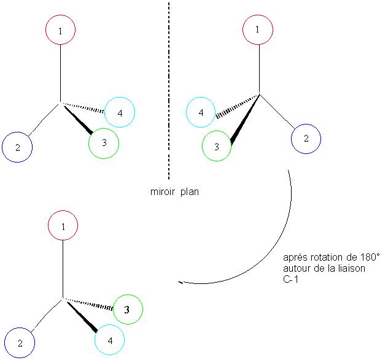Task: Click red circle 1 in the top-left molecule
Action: point(61,29)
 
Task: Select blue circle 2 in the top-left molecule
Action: point(17,147)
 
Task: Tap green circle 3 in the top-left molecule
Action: point(104,143)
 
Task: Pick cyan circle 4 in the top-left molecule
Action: point(120,113)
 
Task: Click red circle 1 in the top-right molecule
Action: point(258,29)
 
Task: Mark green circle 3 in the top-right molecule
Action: point(217,147)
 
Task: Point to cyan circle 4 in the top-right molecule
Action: point(201,113)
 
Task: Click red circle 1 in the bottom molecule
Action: point(63,227)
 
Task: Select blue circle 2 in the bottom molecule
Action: point(20,343)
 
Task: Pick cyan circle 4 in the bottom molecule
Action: point(110,339)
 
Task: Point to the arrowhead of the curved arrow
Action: point(180,282)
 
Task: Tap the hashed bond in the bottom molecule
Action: point(90,304)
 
